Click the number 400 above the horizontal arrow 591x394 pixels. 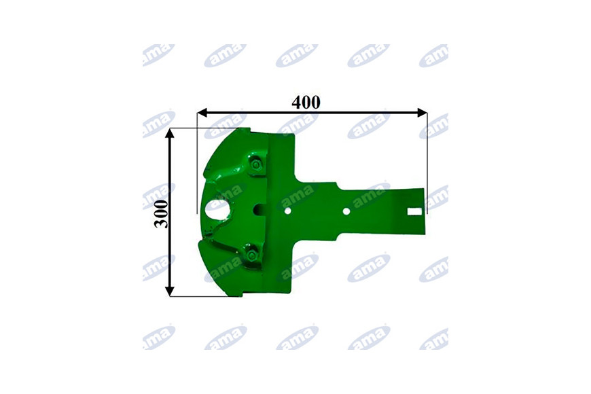(306, 102)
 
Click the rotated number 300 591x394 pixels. (162, 214)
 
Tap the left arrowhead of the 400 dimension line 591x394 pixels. (202, 112)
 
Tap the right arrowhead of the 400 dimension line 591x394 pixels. (423, 112)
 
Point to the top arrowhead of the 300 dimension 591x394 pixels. (170, 133)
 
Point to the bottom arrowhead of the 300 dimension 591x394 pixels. (170, 291)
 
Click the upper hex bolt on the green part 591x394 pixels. (256, 165)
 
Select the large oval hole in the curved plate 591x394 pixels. (218, 209)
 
